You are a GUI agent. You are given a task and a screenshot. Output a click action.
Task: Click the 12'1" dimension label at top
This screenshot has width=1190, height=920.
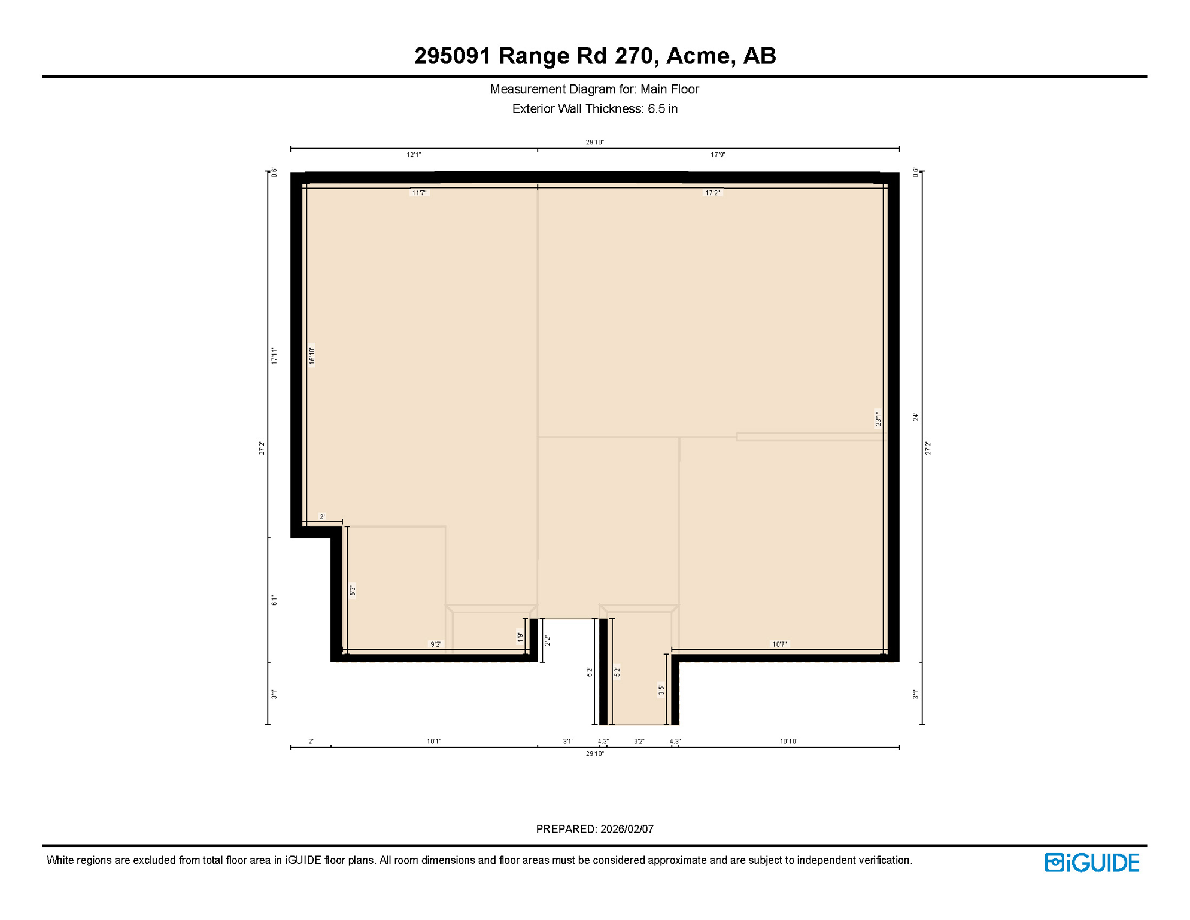tap(414, 155)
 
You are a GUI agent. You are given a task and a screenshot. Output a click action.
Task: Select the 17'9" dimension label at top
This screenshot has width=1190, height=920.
tap(718, 155)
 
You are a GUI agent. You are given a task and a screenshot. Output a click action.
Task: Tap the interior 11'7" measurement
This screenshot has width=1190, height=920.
tap(419, 193)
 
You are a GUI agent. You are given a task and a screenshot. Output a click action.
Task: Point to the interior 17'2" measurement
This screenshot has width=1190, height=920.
tap(712, 193)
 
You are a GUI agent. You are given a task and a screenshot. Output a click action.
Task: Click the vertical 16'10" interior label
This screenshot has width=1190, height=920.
tap(312, 355)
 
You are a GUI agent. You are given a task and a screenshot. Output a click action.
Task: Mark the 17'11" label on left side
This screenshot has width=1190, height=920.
tap(274, 355)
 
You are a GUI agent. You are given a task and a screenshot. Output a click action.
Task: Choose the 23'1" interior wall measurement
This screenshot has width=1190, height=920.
tap(878, 419)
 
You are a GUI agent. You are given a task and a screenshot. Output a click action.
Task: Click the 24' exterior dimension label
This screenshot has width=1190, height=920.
tap(916, 417)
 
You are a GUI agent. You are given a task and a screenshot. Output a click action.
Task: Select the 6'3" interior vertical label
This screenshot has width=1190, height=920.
tap(353, 591)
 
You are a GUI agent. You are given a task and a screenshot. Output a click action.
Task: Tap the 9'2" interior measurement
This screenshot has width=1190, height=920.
tap(436, 644)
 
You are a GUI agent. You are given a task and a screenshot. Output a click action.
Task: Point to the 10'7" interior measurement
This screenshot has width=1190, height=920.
tap(779, 644)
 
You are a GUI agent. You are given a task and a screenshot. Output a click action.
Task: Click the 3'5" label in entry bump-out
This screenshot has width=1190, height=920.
tap(661, 690)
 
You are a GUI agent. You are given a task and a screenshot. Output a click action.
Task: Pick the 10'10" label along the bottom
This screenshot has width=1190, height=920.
tap(788, 742)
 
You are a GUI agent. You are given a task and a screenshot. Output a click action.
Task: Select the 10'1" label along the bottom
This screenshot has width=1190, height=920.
tap(434, 742)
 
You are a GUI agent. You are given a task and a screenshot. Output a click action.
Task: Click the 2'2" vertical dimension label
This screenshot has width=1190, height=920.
tap(547, 640)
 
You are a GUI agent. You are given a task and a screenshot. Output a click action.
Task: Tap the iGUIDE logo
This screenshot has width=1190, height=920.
tap(1092, 862)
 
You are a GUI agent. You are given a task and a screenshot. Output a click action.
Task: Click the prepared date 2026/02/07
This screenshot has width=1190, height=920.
tap(627, 829)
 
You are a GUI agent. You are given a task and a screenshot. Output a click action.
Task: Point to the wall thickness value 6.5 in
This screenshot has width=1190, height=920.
tap(662, 109)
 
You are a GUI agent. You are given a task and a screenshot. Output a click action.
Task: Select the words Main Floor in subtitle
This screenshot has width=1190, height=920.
tap(669, 89)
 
